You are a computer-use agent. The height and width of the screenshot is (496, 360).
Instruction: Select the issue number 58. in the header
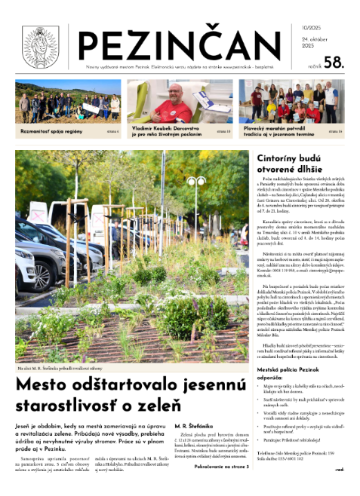click(333, 64)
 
